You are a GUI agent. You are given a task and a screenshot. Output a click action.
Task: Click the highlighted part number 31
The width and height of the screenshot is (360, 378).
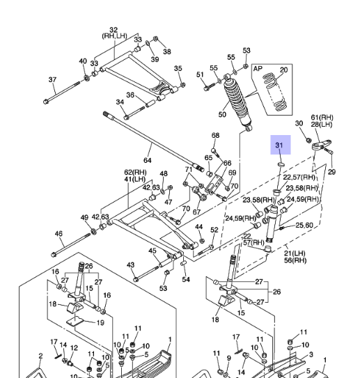(279, 145)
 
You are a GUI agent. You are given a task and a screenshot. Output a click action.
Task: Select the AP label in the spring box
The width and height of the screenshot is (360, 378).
(258, 69)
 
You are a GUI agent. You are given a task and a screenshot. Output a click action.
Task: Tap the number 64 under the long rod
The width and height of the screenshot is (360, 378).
(148, 160)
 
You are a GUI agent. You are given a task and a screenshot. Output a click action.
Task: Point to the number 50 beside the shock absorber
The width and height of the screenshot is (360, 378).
(222, 114)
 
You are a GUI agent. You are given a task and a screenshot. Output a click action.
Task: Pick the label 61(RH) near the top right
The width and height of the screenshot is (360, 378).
(322, 118)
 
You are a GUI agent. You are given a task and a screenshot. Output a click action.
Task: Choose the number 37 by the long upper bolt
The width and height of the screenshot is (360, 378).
(52, 79)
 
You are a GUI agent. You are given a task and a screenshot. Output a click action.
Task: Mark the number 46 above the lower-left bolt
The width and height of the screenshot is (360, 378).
(58, 234)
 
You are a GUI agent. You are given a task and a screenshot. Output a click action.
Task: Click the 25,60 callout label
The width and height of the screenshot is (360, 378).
(304, 225)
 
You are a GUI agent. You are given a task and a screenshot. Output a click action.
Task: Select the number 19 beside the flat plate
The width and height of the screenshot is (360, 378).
(100, 322)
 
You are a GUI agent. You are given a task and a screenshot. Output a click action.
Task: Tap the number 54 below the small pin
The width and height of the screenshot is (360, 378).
(186, 279)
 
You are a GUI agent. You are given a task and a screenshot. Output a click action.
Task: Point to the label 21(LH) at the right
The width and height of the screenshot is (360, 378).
(295, 253)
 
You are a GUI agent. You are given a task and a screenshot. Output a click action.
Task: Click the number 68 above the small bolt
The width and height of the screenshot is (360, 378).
(215, 135)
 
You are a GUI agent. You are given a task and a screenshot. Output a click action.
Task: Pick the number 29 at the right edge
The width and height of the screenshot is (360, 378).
(331, 172)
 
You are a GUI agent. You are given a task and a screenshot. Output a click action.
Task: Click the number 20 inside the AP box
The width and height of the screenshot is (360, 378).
(284, 70)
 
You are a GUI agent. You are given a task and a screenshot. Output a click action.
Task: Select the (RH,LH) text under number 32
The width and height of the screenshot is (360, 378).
(114, 36)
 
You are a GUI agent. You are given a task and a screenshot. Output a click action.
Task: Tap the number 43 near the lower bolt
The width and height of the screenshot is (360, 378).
(130, 265)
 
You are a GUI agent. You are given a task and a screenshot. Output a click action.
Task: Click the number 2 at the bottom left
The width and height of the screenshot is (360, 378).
(40, 356)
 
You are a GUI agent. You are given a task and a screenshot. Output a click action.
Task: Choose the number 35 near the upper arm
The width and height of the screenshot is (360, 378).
(178, 68)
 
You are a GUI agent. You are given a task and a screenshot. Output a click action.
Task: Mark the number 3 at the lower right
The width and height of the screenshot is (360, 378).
(311, 354)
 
